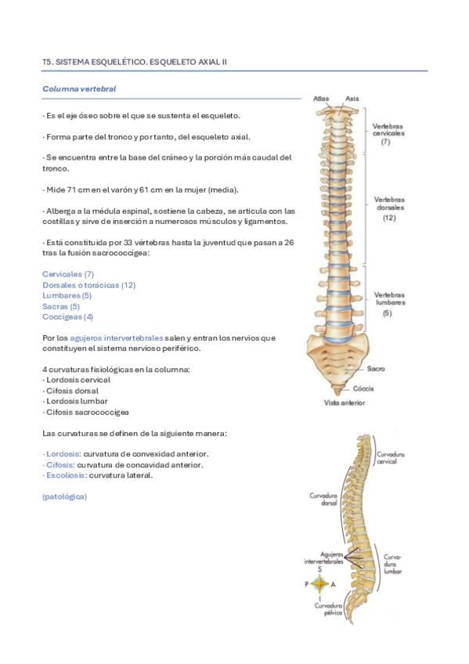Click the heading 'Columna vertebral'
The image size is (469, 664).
tap(79, 89)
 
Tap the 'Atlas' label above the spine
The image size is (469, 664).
tap(321, 99)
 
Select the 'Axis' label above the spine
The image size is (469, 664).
tap(352, 99)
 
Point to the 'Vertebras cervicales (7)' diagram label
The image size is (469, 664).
tap(388, 133)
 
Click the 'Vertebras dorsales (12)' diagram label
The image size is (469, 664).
tap(389, 208)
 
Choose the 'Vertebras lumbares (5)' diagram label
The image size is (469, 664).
tap(389, 304)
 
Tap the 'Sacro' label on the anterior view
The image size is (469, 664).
tap(376, 369)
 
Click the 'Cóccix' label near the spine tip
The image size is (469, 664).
tap(363, 388)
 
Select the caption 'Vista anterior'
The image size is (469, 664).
tap(345, 402)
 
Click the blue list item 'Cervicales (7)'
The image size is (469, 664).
tap(68, 274)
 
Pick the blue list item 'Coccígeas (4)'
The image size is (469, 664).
tap(67, 317)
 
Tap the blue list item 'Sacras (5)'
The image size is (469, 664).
tap(61, 306)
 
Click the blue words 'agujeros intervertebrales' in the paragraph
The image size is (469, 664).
tap(117, 338)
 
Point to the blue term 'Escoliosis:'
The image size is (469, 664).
tap(65, 475)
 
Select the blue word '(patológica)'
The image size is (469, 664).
tap(64, 496)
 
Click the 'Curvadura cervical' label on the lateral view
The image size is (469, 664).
tap(391, 458)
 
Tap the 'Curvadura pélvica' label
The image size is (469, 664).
tap(329, 609)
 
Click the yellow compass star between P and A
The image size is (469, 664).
tap(320, 584)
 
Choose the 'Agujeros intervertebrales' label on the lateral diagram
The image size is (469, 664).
tap(324, 558)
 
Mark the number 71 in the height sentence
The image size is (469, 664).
tap(71, 189)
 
